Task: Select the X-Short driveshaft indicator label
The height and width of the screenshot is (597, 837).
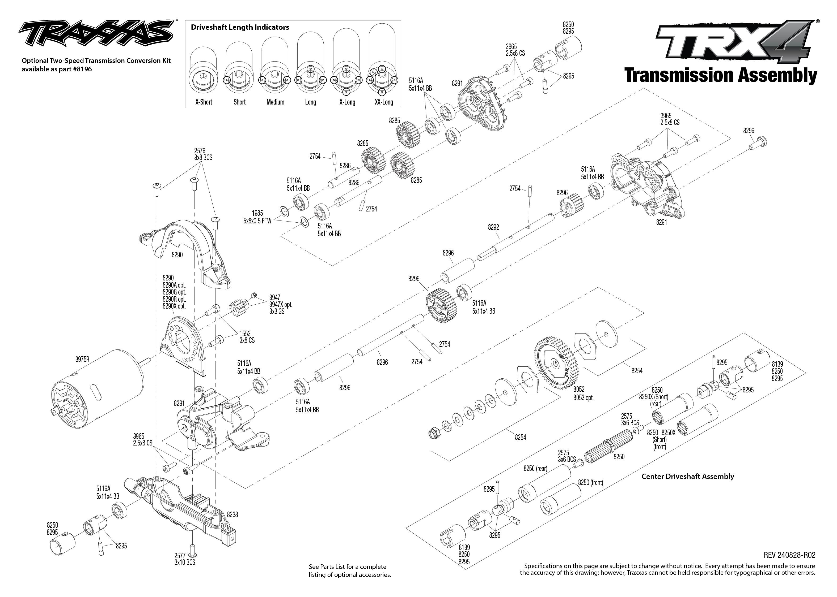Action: coord(204,102)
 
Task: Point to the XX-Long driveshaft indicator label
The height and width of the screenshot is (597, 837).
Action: coord(383,102)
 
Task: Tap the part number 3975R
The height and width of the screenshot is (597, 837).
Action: coord(82,359)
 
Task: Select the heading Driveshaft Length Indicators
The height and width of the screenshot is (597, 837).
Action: coord(240,27)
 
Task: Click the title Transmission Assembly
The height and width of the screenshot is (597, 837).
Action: coord(720,76)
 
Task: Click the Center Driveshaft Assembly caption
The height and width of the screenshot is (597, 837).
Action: coord(688,477)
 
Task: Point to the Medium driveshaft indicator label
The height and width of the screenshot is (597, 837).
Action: coord(275,102)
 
